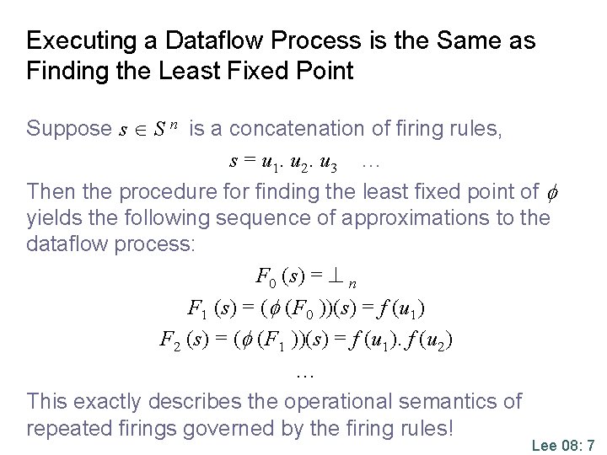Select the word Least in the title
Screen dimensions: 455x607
point(204,70)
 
